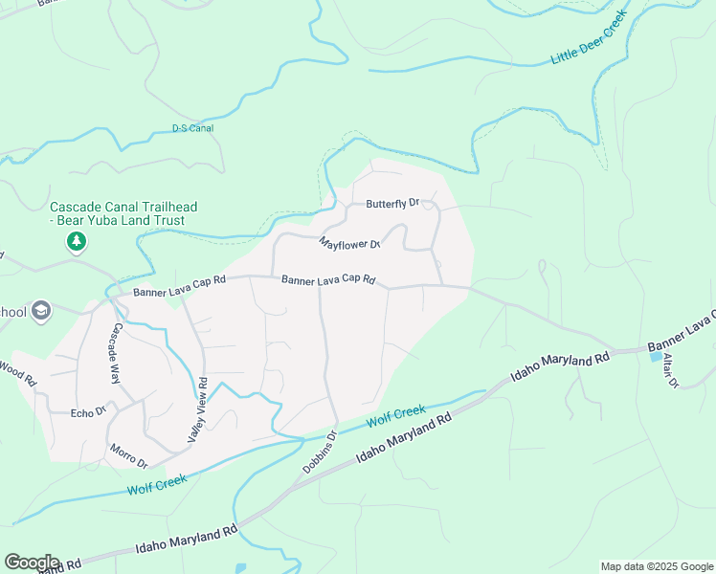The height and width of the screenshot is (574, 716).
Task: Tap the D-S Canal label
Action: [x=192, y=128]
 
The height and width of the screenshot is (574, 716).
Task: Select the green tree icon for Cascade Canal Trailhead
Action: [x=76, y=243]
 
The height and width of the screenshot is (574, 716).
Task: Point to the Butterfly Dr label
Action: [x=392, y=204]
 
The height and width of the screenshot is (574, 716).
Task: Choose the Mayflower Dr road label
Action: [x=350, y=243]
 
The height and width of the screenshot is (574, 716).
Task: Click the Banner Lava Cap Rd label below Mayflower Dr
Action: [x=328, y=280]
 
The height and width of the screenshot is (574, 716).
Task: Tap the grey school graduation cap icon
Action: [x=40, y=311]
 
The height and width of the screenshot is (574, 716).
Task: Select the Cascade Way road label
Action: [x=116, y=353]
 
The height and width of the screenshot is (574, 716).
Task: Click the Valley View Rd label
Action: [x=203, y=410]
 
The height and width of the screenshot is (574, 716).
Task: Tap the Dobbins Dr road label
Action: [x=320, y=452]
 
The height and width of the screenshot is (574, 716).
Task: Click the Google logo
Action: [x=31, y=562]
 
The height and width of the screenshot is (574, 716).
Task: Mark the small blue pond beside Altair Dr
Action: [x=655, y=357]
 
